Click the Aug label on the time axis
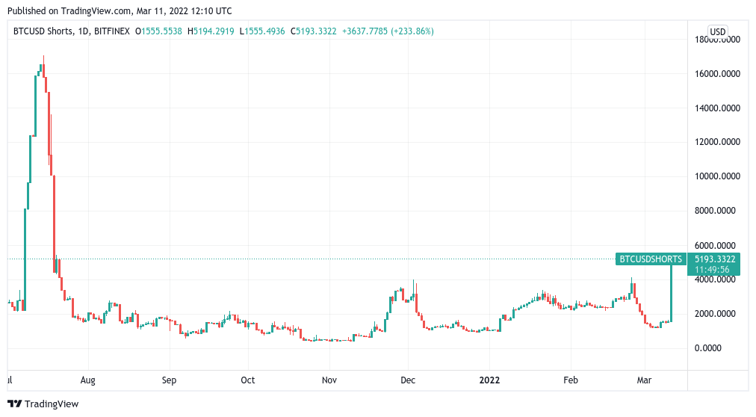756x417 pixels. (87, 380)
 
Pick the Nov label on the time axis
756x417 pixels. (329, 380)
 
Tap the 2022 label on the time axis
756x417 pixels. (489, 380)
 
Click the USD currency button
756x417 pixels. (718, 31)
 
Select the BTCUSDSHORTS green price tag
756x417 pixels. (650, 259)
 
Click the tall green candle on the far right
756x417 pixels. (672, 291)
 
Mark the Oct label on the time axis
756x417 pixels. (248, 380)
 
